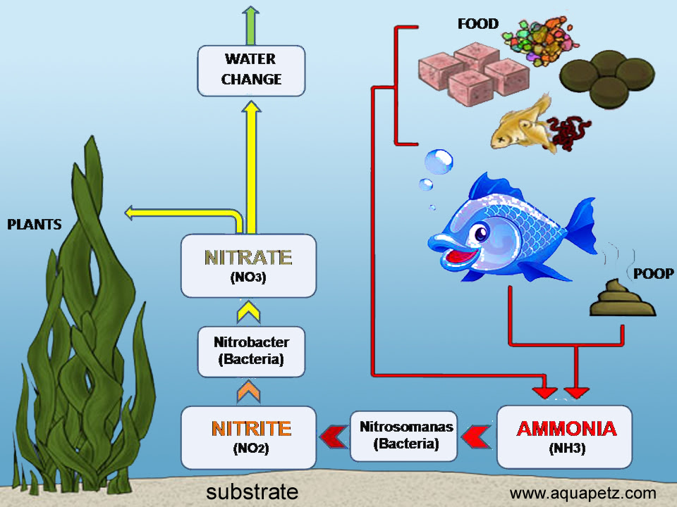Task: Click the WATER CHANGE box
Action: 251,70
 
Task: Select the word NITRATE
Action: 248,257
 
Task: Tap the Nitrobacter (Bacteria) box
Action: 251,351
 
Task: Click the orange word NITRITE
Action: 252,428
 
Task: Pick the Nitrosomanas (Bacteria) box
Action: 407,435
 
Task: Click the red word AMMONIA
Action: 566,428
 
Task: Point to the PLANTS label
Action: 34,225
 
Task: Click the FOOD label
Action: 477,24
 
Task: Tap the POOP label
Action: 653,273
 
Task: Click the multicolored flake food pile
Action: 539,37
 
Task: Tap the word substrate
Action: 252,491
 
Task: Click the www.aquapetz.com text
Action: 583,493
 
